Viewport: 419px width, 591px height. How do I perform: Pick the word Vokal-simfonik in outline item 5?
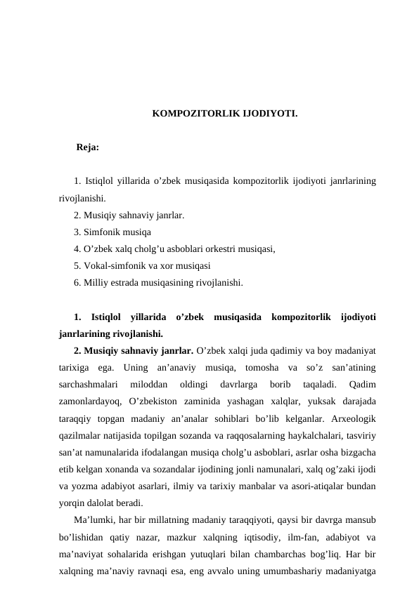click(x=112, y=265)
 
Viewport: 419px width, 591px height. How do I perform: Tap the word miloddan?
click(x=149, y=385)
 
